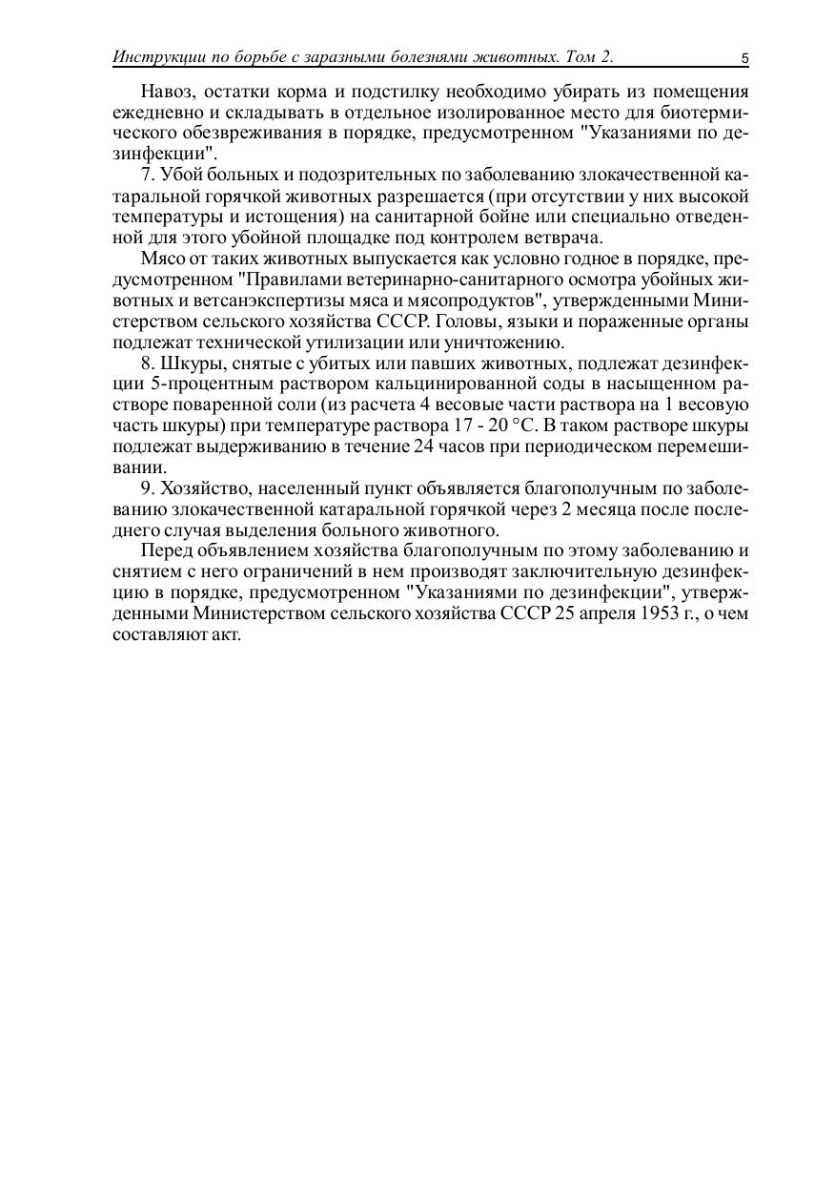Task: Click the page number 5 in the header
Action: click(x=744, y=59)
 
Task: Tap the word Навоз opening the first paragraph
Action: click(x=165, y=92)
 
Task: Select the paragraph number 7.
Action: click(x=146, y=175)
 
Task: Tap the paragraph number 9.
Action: click(x=146, y=488)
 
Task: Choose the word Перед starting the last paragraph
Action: click(x=165, y=550)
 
